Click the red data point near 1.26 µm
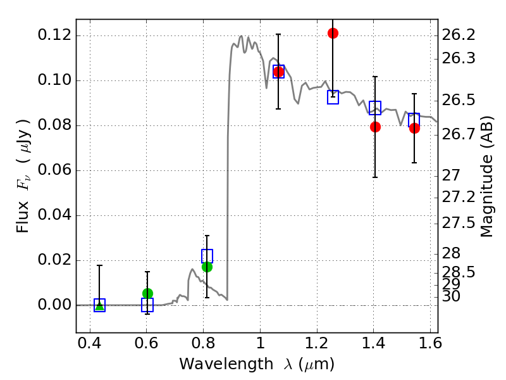pyautogui.click(x=333, y=33)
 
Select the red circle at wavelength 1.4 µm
pyautogui.click(x=375, y=127)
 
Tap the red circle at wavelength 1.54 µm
pyautogui.click(x=414, y=128)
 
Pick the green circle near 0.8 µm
pyautogui.click(x=207, y=267)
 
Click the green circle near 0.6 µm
pyautogui.click(x=147, y=293)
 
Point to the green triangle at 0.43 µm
pyautogui.click(x=99, y=305)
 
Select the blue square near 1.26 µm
pyautogui.click(x=333, y=97)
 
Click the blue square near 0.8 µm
pyautogui.click(x=207, y=256)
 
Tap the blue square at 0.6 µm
pyautogui.click(x=147, y=305)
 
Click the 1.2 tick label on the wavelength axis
pyautogui.click(x=316, y=346)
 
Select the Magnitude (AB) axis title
pyautogui.click(x=486, y=177)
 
